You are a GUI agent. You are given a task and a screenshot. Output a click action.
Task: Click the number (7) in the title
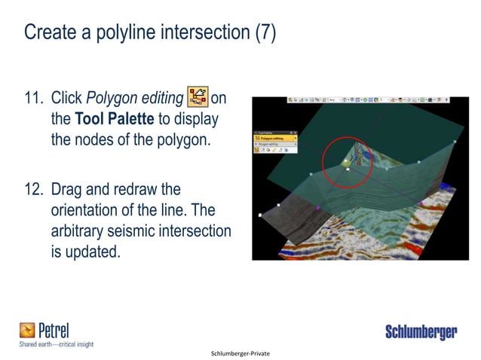pyautogui.click(x=263, y=33)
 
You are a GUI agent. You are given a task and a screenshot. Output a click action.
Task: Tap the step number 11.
pyautogui.click(x=35, y=98)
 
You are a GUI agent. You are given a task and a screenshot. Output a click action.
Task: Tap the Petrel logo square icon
pyautogui.click(x=28, y=330)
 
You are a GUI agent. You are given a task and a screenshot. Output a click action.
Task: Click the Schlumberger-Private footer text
pyautogui.click(x=240, y=352)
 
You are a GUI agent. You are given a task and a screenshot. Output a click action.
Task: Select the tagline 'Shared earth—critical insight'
pyautogui.click(x=56, y=344)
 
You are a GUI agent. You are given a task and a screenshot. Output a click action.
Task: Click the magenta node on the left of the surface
pyautogui.click(x=279, y=204)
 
